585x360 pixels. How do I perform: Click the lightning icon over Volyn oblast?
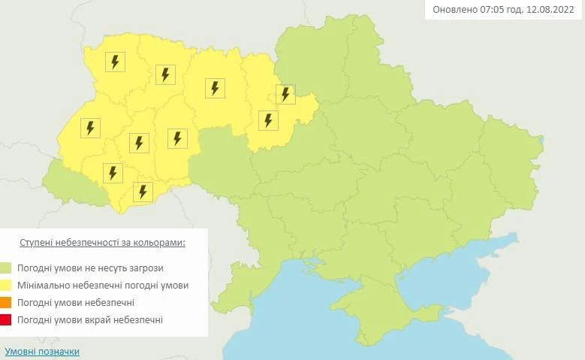(x=115, y=62)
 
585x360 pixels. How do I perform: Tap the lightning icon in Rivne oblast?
(x=165, y=74)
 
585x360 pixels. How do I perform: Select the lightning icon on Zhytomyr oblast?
(x=215, y=88)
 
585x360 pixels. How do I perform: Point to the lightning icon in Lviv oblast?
(x=90, y=128)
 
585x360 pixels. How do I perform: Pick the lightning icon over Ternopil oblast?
(x=139, y=142)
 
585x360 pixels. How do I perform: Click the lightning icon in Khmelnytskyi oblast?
(x=177, y=138)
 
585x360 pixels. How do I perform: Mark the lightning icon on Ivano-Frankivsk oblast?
(x=113, y=173)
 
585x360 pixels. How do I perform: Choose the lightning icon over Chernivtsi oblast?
(x=142, y=191)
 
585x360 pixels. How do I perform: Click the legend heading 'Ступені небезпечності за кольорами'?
(x=101, y=244)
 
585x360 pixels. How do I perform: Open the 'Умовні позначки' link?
(x=42, y=352)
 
